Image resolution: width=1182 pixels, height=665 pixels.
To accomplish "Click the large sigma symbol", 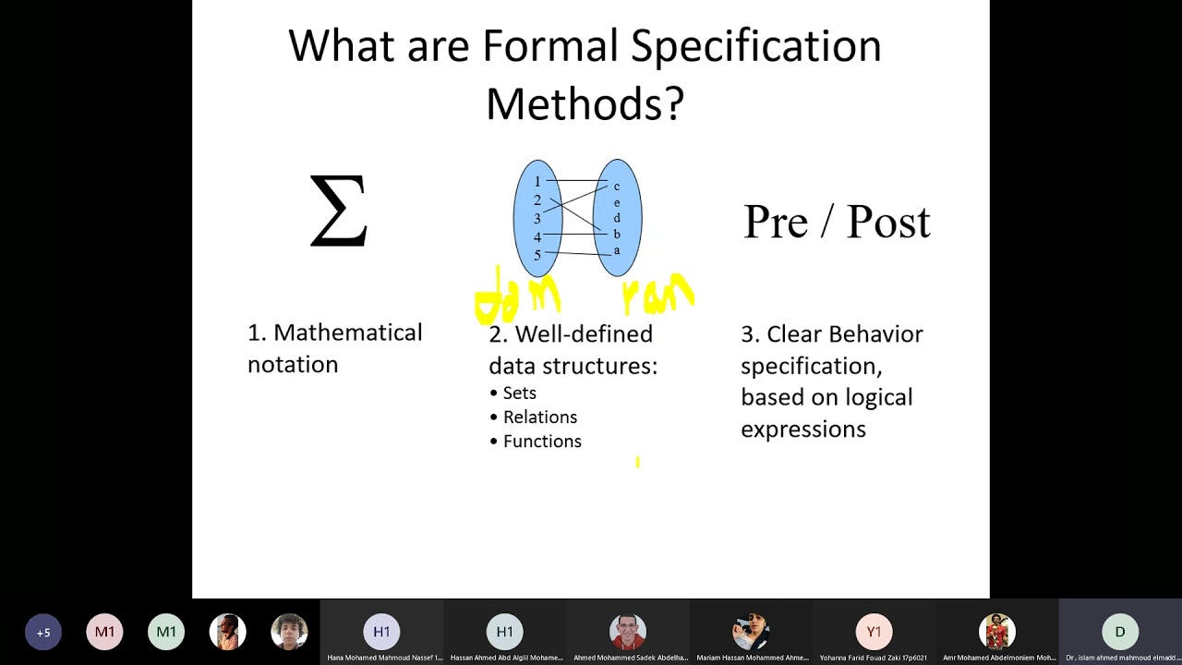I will pos(338,212).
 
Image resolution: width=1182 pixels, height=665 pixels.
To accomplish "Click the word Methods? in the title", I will pos(585,103).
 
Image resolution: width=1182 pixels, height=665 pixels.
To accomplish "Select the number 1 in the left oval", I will pos(537,181).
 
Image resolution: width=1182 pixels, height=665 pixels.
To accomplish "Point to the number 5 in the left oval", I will pos(537,255).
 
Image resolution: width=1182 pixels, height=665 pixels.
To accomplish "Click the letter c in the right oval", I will pos(617,187).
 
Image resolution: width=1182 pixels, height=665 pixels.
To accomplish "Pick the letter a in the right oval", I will pos(617,250).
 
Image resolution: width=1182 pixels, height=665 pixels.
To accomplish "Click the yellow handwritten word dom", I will pos(517,297).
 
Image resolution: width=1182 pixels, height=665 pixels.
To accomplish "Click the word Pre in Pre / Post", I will pos(776,223).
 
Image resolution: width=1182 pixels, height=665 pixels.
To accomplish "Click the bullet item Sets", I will pos(519,393).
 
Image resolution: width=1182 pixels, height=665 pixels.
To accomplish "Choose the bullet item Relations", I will pos(539,417).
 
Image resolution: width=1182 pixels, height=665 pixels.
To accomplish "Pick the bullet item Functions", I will pos(542,441).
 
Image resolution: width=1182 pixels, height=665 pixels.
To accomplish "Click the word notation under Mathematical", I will pos(293,365).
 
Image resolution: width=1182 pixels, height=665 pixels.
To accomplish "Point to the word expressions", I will pos(802,429).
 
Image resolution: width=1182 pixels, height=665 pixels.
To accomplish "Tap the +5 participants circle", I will pos(43,633).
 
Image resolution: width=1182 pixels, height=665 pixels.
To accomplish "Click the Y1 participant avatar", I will pos(874,633).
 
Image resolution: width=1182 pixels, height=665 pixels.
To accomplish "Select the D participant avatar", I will pos(1119,633).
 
